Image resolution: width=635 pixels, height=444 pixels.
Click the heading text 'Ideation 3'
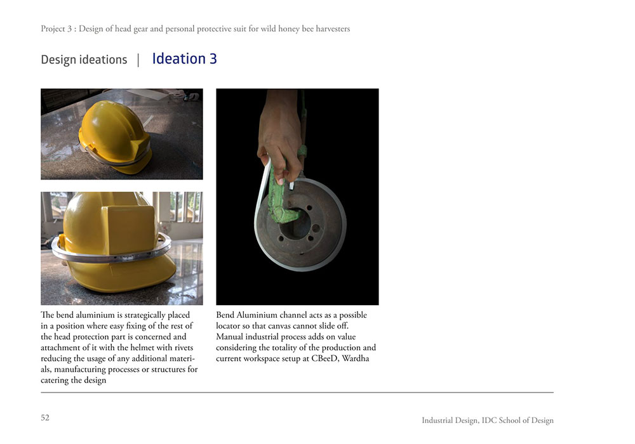(x=184, y=59)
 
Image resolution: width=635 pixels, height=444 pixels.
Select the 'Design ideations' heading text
(x=84, y=60)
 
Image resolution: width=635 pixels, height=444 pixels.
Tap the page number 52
(x=45, y=417)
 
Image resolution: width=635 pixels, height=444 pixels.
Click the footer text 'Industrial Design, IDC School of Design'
(x=487, y=421)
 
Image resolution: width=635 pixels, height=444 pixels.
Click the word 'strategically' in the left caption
(x=136, y=315)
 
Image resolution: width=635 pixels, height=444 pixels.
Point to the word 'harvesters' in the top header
(x=330, y=29)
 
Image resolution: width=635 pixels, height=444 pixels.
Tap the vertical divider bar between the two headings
(x=138, y=60)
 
